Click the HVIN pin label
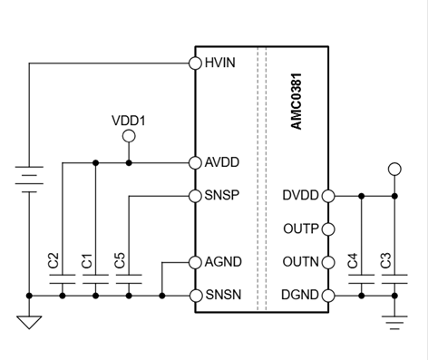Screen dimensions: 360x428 pyautogui.click(x=221, y=63)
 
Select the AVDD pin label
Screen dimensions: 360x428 pyautogui.click(x=222, y=162)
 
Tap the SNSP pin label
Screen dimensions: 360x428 pyautogui.click(x=222, y=196)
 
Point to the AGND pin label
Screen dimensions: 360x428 pyautogui.click(x=222, y=262)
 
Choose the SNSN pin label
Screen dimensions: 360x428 pyautogui.click(x=222, y=296)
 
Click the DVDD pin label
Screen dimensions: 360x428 pyautogui.click(x=301, y=196)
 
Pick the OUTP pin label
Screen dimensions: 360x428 pyautogui.click(x=301, y=229)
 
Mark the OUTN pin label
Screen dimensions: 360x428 pyautogui.click(x=301, y=262)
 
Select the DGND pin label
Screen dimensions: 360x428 pyautogui.click(x=301, y=296)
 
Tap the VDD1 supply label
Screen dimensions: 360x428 pyautogui.click(x=128, y=119)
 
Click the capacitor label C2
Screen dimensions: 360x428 pyautogui.click(x=53, y=260)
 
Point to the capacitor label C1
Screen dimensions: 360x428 pyautogui.click(x=86, y=260)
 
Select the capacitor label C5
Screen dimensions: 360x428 pyautogui.click(x=120, y=260)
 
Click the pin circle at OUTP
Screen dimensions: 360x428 pyautogui.click(x=328, y=229)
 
